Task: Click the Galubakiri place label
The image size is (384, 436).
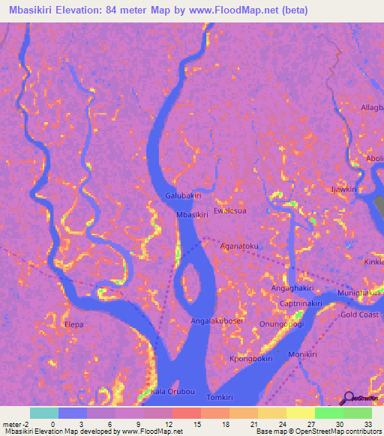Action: click(183, 196)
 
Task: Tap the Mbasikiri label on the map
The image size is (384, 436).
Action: click(191, 215)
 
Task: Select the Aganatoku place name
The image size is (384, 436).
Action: click(239, 246)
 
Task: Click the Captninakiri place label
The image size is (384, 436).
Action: click(301, 303)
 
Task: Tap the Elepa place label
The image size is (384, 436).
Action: click(74, 324)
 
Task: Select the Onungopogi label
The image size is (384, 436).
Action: click(281, 324)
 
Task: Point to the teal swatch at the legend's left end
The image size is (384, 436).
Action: click(43, 413)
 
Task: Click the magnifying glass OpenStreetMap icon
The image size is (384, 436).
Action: click(347, 399)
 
